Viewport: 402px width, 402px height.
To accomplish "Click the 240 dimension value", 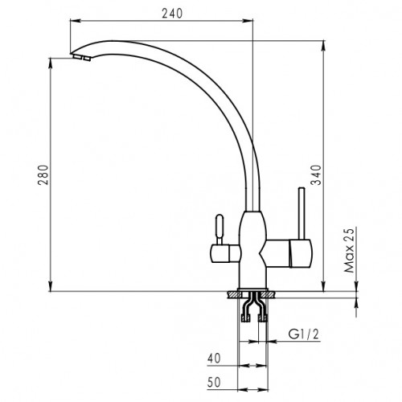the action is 172,13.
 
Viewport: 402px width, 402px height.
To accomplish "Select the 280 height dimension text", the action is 43,174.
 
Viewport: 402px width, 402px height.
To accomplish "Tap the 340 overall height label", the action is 316,174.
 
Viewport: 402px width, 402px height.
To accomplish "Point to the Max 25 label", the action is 349,250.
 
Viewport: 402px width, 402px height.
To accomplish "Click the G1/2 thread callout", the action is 304,334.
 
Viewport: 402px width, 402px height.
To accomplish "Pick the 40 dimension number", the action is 214,359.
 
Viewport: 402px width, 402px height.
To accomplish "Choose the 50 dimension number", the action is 214,383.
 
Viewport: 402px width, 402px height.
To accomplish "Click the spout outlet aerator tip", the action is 81,57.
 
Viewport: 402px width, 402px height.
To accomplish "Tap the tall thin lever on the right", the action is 301,213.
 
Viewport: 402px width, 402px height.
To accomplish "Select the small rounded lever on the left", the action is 219,228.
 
